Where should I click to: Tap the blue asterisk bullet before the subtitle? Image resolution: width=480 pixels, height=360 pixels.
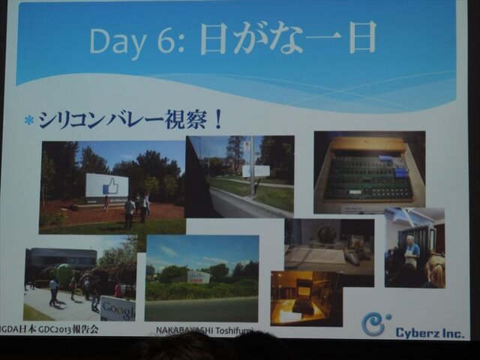pos(28,119)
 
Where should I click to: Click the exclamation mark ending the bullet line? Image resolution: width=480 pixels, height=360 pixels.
pos(217,118)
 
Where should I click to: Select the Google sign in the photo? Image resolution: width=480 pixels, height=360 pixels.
pos(118,307)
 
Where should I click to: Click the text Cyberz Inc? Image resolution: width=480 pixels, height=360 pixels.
pos(429,332)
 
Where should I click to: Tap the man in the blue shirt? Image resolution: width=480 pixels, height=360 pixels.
pos(412,251)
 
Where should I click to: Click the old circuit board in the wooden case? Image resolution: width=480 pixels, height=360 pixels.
pos(368,178)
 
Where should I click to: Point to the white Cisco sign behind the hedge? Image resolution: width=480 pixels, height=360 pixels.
pos(199,276)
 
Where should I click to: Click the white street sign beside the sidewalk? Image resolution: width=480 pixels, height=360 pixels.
pos(256,171)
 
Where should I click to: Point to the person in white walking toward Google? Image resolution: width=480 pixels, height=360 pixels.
pos(53,289)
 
